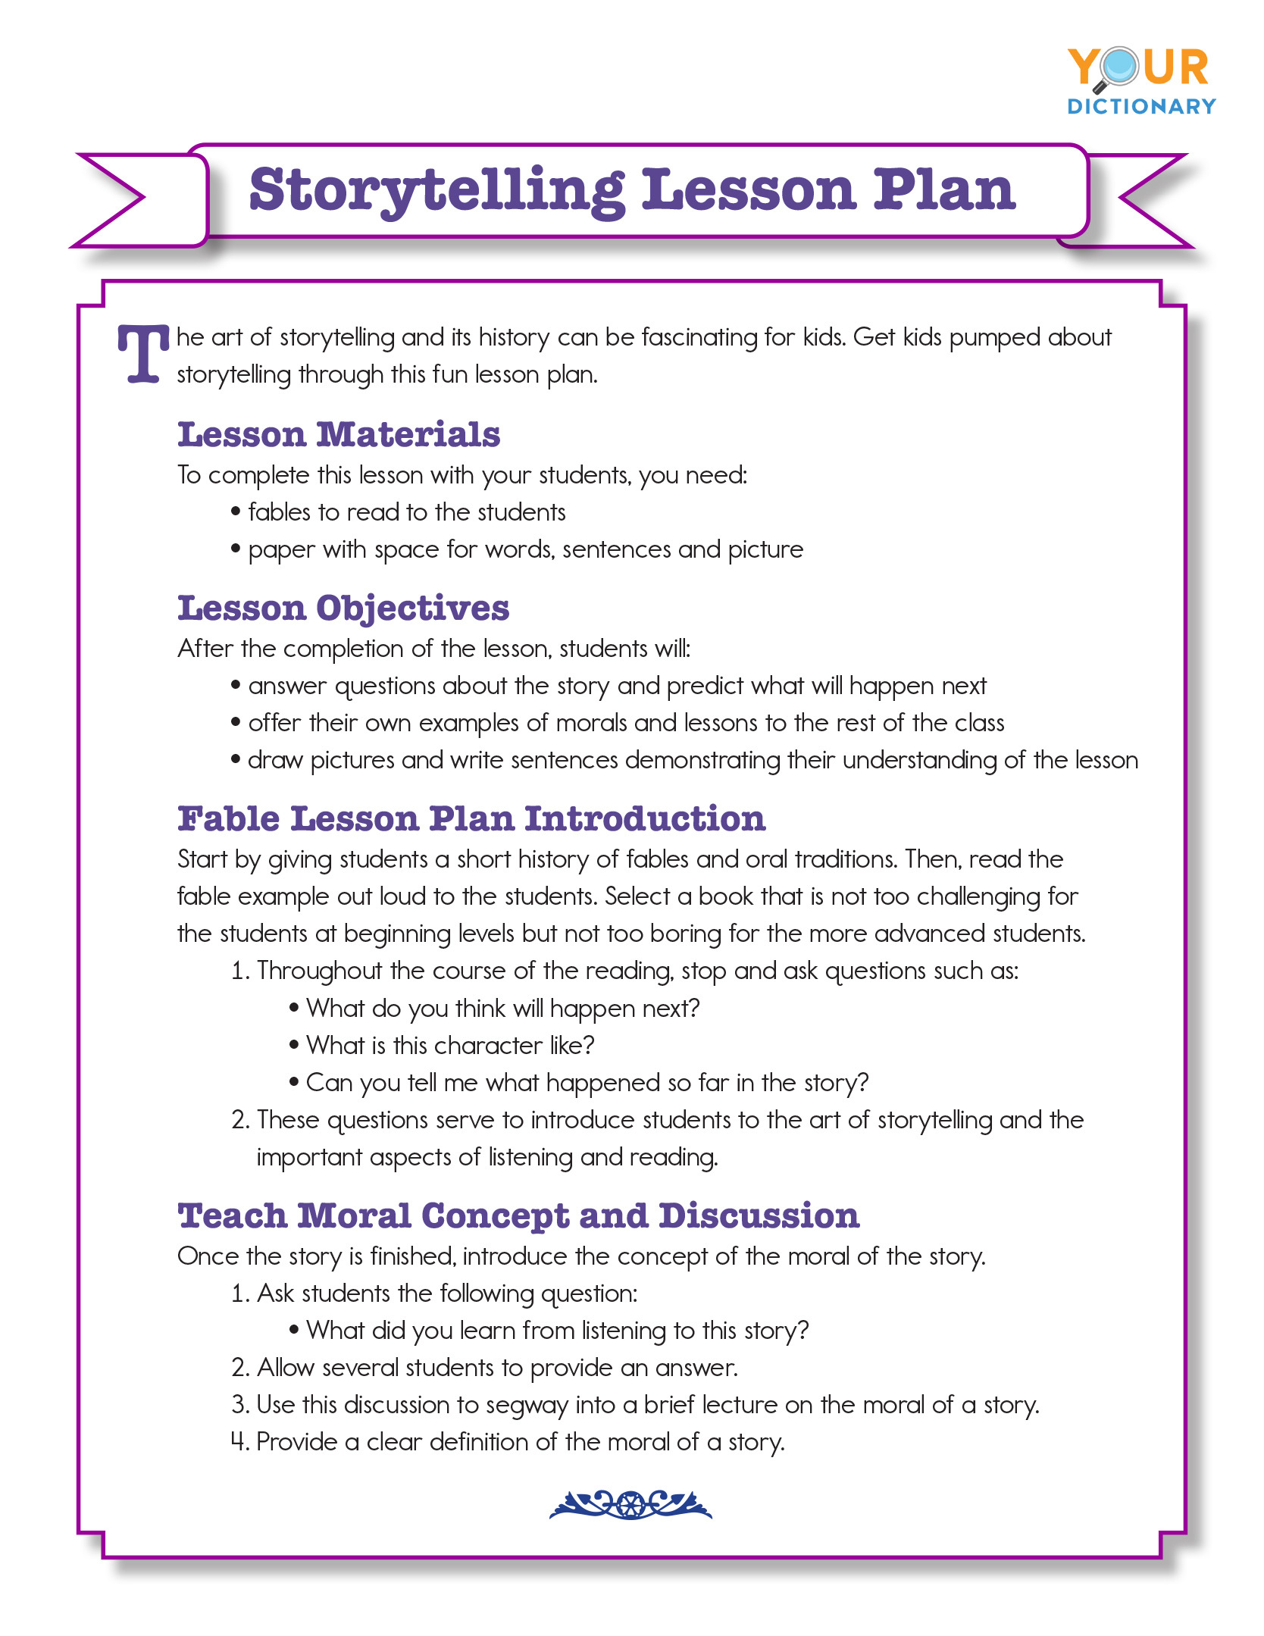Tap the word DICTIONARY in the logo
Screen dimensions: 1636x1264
point(1141,107)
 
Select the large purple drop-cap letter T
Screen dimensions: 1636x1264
point(142,354)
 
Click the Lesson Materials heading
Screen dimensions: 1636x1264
point(339,435)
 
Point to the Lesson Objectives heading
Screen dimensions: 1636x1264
point(343,608)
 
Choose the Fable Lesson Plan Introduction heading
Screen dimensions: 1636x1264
point(471,819)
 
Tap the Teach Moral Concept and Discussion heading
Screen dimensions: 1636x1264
point(518,1216)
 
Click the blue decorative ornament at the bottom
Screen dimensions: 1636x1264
point(630,1505)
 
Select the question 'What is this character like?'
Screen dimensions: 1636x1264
point(450,1046)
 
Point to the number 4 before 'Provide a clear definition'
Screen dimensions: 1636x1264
point(239,1441)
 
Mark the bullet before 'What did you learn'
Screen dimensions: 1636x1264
point(294,1331)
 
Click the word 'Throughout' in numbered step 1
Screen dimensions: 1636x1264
point(319,971)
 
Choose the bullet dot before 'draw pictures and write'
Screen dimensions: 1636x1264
point(236,760)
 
